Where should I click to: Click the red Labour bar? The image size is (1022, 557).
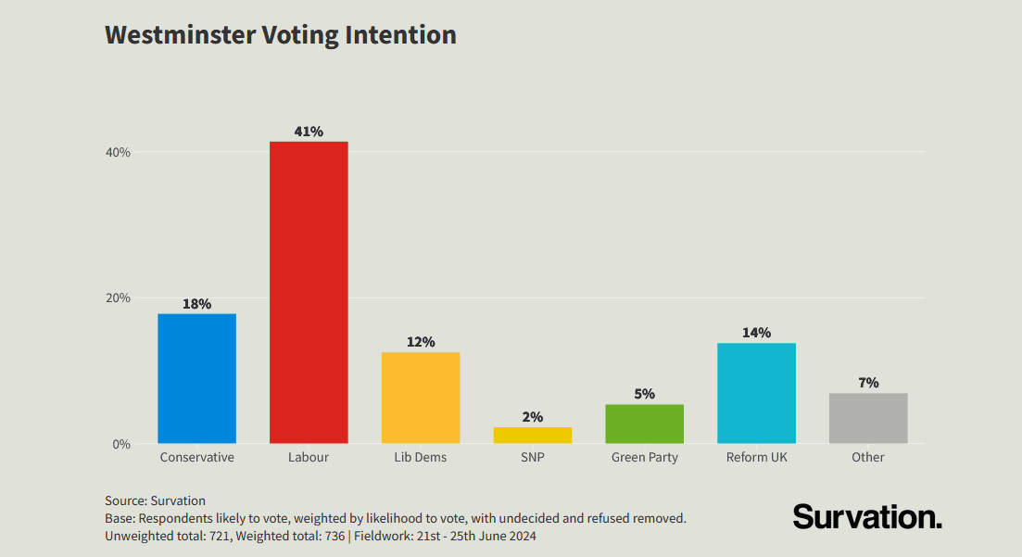coord(309,292)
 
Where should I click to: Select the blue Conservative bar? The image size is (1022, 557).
coord(196,378)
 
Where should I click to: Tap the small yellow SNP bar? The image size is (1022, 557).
coord(532,435)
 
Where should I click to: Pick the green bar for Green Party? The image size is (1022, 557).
coord(644,424)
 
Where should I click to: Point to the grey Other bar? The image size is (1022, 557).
coord(868,418)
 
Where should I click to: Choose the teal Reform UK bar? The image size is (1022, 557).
coord(756,393)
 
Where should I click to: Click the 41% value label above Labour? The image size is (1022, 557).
coord(309,132)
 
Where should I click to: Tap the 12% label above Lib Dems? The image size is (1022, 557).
coord(421,342)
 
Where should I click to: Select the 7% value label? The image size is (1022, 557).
coord(868,383)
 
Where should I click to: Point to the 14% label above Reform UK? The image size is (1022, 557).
coord(756,333)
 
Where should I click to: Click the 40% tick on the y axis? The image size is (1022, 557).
coord(119,152)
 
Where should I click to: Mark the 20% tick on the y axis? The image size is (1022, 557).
coord(119,297)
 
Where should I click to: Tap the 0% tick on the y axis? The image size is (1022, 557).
coord(121,444)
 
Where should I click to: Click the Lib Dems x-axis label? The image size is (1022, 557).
coord(421,457)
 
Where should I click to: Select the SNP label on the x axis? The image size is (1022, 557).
coord(532,457)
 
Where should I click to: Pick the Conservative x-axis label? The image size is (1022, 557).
coord(196,457)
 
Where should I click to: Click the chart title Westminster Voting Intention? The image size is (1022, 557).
coord(281,35)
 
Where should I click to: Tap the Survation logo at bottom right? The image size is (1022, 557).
coord(867,516)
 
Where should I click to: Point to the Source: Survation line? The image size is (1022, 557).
coord(155,500)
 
